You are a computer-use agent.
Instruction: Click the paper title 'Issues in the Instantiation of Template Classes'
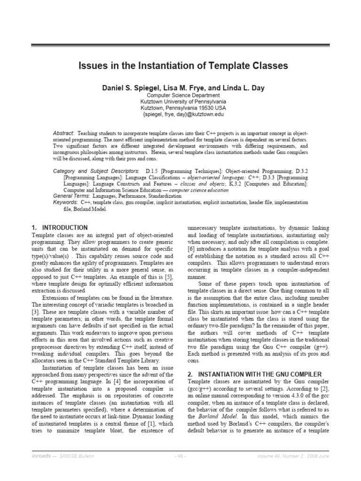pos(183,66)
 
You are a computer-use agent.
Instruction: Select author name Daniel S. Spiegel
pos(130,87)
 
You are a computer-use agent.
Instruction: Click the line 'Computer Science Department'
pos(183,95)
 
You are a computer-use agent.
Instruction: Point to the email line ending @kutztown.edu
pos(183,114)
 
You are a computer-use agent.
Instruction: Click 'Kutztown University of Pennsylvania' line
pos(183,101)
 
